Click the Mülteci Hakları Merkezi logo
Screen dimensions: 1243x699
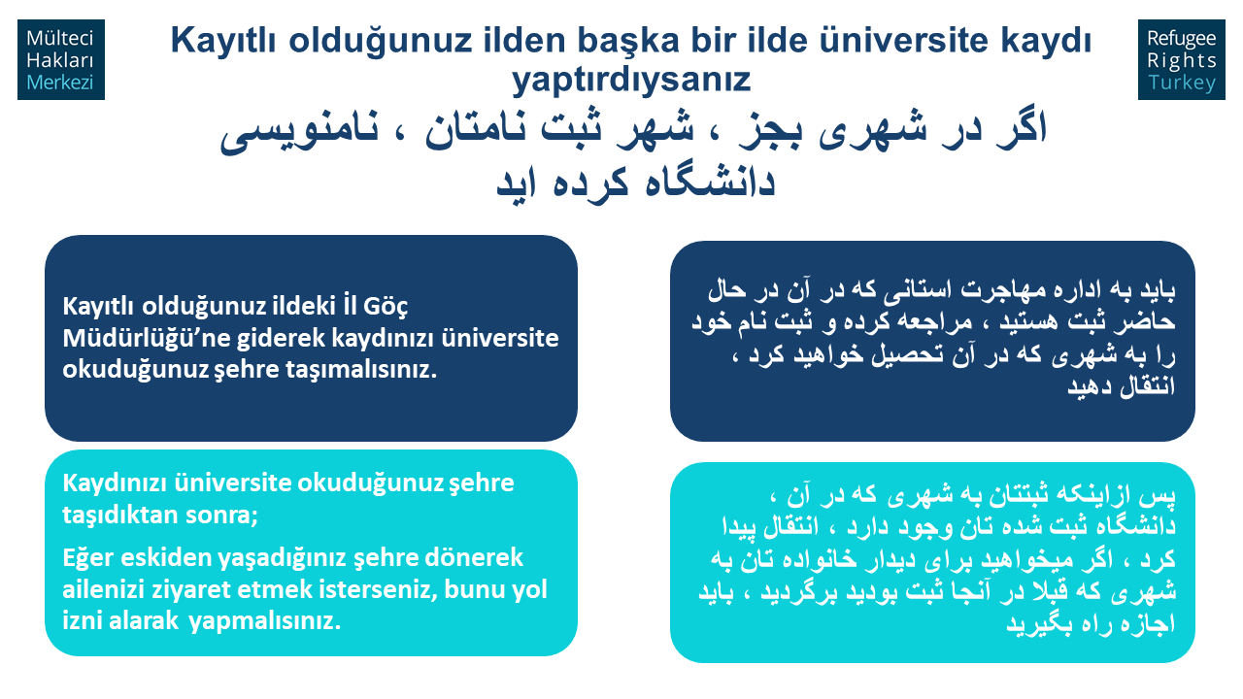point(61,60)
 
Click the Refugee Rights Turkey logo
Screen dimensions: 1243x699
point(1182,60)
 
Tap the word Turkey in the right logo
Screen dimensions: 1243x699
point(1182,83)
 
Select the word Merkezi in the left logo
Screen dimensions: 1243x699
point(60,83)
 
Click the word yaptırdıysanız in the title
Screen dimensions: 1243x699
point(631,80)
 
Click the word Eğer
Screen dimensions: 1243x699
point(87,558)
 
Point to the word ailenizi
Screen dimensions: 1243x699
point(104,589)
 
